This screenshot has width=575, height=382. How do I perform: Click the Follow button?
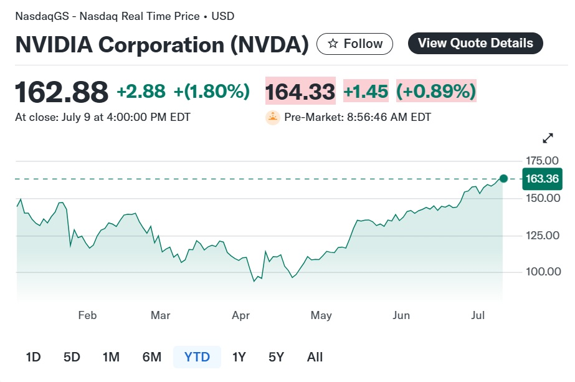tap(354, 44)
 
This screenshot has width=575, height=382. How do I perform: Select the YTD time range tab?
tap(197, 357)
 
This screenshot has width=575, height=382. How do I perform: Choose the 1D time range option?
tap(33, 357)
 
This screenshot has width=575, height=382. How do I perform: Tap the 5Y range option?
tap(276, 357)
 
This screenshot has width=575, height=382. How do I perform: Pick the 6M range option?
tap(151, 357)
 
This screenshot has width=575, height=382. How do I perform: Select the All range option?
tap(315, 357)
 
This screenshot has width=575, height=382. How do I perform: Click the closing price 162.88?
tap(61, 92)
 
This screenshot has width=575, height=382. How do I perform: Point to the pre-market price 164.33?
tap(300, 92)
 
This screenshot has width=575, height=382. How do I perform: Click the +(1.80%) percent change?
tap(212, 92)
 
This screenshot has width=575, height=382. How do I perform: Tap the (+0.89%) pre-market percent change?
tap(436, 92)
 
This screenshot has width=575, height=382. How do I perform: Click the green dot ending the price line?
tap(503, 179)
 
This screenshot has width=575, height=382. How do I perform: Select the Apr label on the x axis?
tap(240, 315)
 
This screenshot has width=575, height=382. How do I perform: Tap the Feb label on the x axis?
tap(87, 315)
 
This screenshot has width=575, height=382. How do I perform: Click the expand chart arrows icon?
tap(548, 138)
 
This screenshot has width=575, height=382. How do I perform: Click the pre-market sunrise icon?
tap(272, 117)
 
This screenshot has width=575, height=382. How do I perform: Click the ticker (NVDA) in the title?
tap(268, 45)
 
